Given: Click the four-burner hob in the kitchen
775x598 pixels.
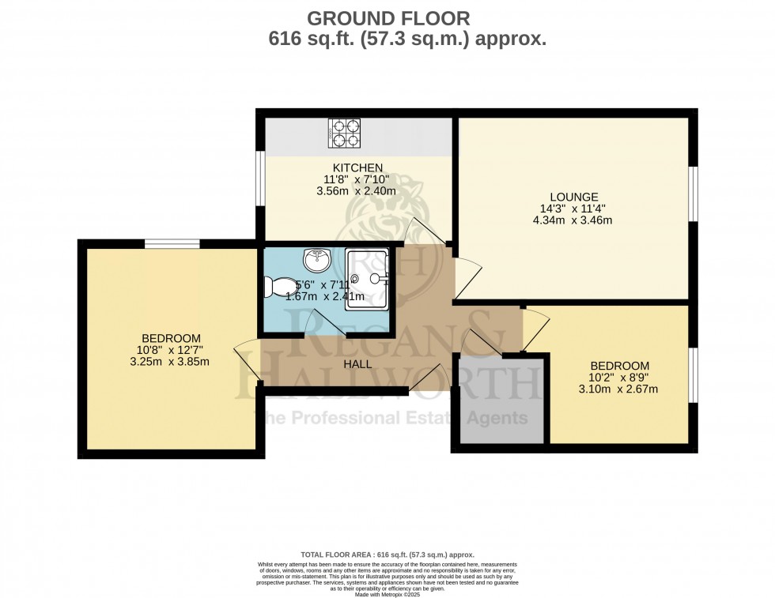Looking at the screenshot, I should (x=344, y=134).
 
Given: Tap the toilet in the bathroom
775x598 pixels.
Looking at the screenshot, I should (x=278, y=286).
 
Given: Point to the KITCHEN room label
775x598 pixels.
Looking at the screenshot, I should (x=357, y=167).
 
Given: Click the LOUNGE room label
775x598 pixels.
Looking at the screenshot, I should (x=574, y=197).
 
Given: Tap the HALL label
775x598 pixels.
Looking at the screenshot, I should (x=357, y=364).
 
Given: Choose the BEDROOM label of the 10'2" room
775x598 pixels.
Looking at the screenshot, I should (x=620, y=366).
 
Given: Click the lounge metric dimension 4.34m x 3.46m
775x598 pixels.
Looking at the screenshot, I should (x=574, y=220).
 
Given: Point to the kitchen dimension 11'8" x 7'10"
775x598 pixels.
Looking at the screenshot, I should (x=357, y=179).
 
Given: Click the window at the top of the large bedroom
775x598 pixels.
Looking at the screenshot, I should (x=171, y=243).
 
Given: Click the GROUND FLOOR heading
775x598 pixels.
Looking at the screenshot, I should (x=387, y=17).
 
